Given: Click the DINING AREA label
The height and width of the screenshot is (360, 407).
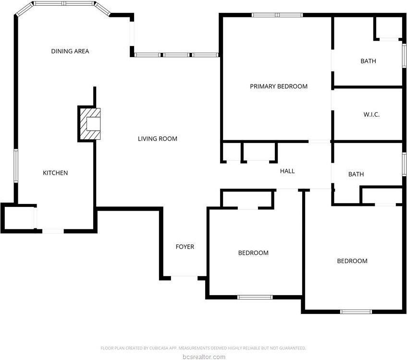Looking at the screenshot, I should (x=70, y=51).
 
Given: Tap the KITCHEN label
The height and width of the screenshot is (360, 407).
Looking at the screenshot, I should (x=55, y=173).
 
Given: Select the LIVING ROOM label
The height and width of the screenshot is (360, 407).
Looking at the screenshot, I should (x=158, y=139).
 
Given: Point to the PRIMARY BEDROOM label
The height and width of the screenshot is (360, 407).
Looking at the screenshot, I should (x=279, y=86).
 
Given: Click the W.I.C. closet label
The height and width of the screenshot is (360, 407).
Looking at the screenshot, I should (x=372, y=115).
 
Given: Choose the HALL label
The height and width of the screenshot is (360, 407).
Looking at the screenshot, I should (x=287, y=171).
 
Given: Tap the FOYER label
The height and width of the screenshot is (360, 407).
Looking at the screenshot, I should (x=185, y=247).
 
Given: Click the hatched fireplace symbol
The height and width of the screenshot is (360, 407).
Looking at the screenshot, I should (x=89, y=124).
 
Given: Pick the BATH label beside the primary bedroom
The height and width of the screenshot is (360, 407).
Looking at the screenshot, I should (x=369, y=61).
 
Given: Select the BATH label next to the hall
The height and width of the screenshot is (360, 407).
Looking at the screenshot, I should (x=356, y=174).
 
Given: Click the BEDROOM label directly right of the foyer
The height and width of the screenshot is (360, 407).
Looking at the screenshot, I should (x=253, y=253).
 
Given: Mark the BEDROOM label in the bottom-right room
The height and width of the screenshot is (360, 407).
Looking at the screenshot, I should (x=352, y=261).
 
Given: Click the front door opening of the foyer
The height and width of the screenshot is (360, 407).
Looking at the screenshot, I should (x=185, y=277).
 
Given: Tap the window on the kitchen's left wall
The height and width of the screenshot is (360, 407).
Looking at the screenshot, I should (x=16, y=166).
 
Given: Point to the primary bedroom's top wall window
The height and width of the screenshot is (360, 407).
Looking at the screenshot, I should (x=277, y=15).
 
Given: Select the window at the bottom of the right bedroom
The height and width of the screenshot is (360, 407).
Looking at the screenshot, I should (x=356, y=312).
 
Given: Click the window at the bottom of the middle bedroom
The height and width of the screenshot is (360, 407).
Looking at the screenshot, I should (x=255, y=297).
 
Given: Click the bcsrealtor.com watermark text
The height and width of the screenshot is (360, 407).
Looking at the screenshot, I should (x=203, y=357).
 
